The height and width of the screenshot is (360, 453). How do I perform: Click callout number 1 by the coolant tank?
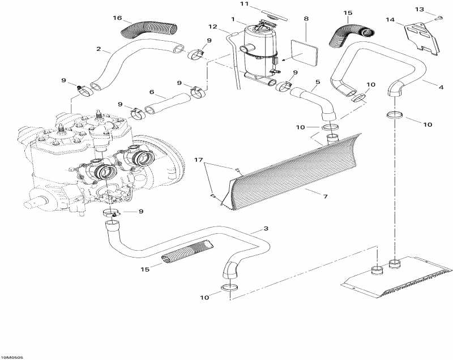pos(234,20)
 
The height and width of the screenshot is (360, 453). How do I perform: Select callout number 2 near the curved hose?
pos(99,49)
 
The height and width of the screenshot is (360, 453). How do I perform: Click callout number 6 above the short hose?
pos(152,92)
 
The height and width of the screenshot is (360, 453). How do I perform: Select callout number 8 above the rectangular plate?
pos(306,19)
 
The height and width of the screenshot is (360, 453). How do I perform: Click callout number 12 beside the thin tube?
pos(213,27)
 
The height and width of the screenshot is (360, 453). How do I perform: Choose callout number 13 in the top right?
pos(435,10)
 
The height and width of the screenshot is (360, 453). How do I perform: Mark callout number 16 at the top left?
pos(117,19)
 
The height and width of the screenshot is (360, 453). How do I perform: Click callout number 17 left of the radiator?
pos(198,160)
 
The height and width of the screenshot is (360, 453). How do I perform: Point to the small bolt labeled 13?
pos(439,20)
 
